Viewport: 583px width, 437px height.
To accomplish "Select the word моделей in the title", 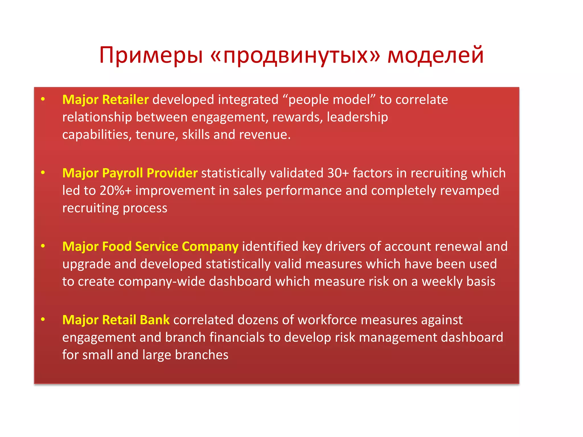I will pos(435,55).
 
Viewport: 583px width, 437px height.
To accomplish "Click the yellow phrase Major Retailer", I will pos(105,100).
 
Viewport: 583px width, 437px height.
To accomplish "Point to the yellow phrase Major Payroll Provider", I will pos(130,173).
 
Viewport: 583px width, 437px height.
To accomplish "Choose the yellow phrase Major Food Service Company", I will pos(150,247).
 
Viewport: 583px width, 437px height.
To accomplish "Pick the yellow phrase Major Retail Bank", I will pos(116,320).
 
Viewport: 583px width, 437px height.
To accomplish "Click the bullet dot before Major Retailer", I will pos(43,99).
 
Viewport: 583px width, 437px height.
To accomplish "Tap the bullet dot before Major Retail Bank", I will pos(43,319).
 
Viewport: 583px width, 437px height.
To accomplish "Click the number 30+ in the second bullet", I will pos(338,173).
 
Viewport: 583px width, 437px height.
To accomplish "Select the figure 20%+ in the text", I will pos(116,191).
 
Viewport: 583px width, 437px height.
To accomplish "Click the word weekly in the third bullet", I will pos(442,282).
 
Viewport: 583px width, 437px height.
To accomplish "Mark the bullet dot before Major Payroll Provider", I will pos(43,173).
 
